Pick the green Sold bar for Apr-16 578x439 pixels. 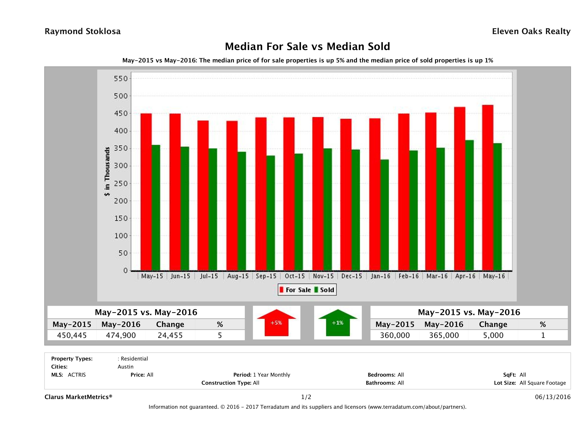click(469, 205)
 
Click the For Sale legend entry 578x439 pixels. click(295, 290)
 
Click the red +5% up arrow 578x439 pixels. click(276, 323)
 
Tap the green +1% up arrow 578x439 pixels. click(338, 323)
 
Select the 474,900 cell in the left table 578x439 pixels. click(121, 335)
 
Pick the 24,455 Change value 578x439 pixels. click(170, 335)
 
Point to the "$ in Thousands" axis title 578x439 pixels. click(107, 172)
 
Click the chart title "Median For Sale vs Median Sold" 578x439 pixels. click(307, 47)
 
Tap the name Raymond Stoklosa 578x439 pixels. click(83, 31)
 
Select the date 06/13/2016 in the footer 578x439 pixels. click(553, 397)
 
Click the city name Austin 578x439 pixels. click(125, 367)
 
